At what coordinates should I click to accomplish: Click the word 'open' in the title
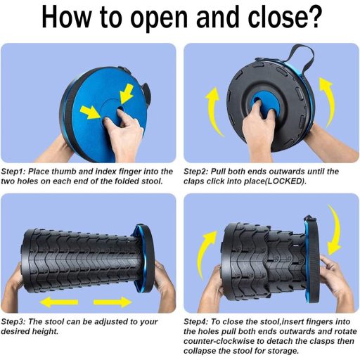pos(160,19)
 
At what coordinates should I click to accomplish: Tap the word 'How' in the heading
pos(66,16)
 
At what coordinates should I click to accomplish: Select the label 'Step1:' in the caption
pos(13,172)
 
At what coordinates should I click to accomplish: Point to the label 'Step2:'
pos(196,172)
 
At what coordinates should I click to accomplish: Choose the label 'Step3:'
pos(13,322)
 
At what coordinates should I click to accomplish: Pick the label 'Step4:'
pos(196,322)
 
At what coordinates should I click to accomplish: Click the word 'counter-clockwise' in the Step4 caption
pos(219,341)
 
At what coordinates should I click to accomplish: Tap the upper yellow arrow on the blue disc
pos(127,94)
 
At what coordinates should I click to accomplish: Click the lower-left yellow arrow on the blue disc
pos(91,112)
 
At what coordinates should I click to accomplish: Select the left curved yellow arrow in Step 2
pos(214,111)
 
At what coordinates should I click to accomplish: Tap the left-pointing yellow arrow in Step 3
pos(59,302)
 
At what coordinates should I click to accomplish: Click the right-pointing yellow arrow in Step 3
pos(112,302)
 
